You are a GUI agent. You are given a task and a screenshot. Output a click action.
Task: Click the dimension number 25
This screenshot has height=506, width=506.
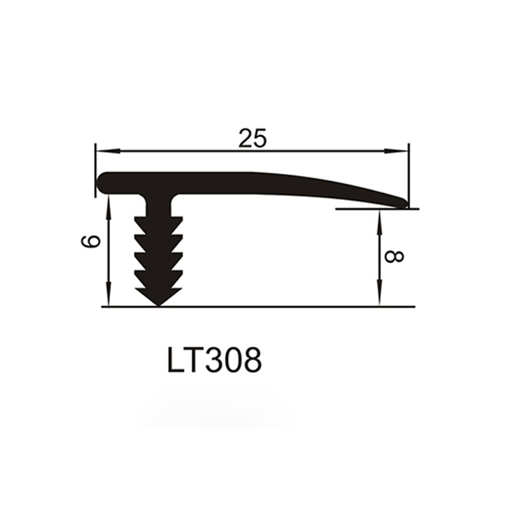[253, 138]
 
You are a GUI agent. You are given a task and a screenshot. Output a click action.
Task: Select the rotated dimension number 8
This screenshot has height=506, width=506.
[394, 257]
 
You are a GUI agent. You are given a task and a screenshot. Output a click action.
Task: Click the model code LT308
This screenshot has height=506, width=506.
[214, 360]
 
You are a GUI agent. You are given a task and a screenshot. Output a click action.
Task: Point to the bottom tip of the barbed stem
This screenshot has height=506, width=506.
[158, 305]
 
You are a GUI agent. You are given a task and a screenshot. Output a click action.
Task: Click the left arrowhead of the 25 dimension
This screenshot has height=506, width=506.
[108, 151]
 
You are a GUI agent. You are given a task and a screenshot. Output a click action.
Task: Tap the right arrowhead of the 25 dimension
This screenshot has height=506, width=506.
[396, 151]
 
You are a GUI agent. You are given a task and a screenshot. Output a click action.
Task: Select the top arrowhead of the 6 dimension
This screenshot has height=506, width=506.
[109, 207]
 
